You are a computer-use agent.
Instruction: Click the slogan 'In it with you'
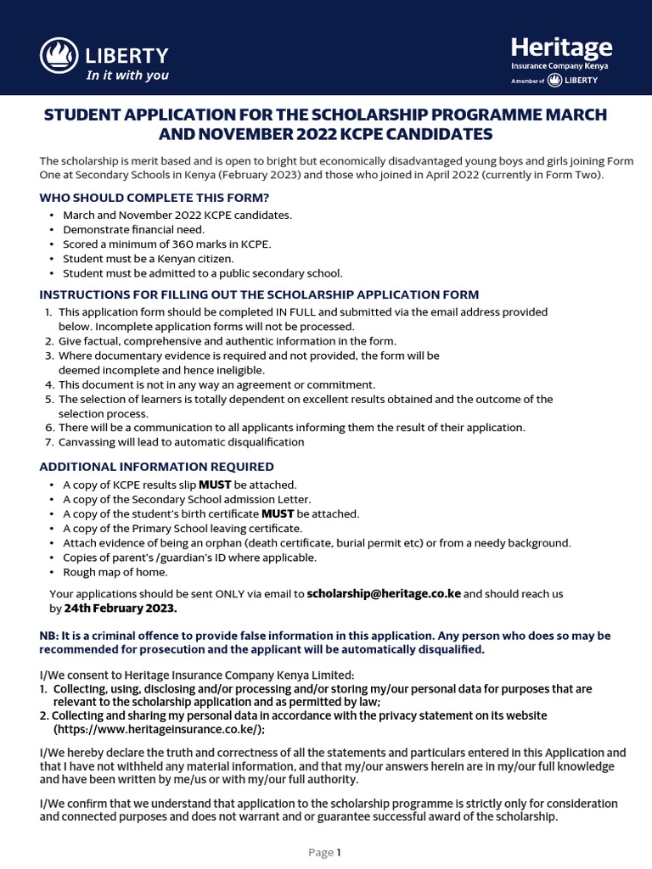pos(127,76)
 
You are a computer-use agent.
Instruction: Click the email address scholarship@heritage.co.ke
pos(384,593)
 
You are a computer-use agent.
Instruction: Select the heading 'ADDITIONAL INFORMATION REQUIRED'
pos(157,467)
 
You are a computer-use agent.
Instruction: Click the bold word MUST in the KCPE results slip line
pos(215,485)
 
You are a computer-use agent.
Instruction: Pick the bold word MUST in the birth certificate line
pos(278,513)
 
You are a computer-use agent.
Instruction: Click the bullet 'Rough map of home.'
pos(115,571)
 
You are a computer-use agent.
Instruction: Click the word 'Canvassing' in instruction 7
pos(88,442)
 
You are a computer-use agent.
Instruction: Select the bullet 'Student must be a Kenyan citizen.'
pos(149,258)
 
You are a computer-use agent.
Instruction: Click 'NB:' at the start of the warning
pos(50,636)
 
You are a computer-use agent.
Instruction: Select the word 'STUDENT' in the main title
pos(84,115)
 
